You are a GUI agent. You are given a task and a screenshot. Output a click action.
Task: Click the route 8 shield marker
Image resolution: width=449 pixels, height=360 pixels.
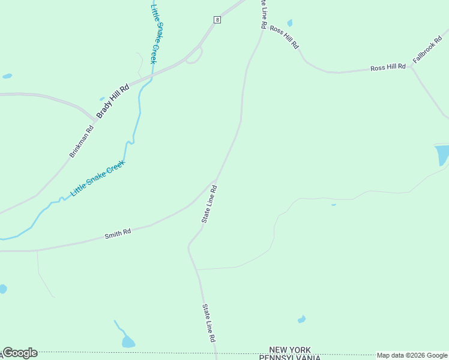[x=217, y=20]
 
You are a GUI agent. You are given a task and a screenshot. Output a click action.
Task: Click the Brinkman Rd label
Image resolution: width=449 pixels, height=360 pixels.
[x=82, y=140]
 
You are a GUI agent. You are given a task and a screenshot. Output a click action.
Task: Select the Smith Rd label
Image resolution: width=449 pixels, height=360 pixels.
[x=118, y=232]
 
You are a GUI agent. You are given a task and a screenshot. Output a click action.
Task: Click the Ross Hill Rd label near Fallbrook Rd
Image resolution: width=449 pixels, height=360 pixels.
[x=388, y=68]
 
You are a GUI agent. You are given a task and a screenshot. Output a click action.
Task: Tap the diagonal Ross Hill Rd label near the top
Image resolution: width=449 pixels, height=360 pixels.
[x=284, y=37]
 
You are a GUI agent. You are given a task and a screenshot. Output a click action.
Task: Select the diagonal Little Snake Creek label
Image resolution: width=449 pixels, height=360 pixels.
[x=97, y=178]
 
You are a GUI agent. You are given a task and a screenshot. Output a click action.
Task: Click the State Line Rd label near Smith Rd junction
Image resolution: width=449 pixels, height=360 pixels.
[x=209, y=205]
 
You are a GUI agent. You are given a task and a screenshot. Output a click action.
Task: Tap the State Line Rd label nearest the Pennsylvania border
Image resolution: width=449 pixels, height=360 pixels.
[x=208, y=323]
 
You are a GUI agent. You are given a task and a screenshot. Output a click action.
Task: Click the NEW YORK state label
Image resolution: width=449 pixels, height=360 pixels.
[x=290, y=350]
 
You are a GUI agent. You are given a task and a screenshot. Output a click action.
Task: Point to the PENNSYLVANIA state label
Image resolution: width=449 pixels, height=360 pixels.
[x=290, y=357]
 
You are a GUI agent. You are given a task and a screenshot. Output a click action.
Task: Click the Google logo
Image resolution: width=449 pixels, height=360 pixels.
[x=20, y=353]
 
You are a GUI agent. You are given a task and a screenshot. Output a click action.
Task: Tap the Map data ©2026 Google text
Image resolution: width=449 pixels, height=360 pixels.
[x=412, y=355]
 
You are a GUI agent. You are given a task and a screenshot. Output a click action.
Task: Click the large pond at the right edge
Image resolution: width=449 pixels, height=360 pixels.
[x=442, y=155]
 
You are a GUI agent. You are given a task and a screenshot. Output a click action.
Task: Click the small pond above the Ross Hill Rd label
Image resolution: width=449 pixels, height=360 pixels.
[x=290, y=23]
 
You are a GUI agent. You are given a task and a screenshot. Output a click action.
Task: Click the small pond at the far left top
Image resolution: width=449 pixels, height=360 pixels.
[x=7, y=76]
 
